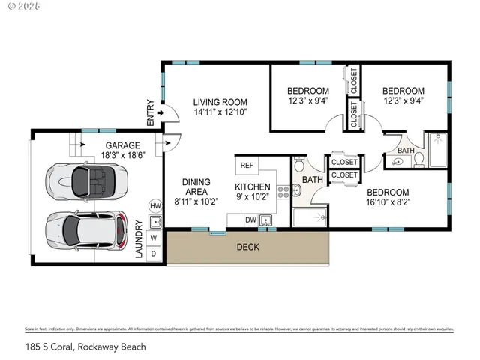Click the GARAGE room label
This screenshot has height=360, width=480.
[x=121, y=145]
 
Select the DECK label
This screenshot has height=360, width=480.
[x=248, y=247]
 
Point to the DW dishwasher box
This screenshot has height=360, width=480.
[x=249, y=220]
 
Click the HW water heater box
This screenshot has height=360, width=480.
[x=155, y=205]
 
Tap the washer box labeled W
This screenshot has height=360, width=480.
[x=155, y=237]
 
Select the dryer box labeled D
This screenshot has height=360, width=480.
[x=155, y=253]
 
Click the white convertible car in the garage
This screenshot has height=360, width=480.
[x=83, y=181]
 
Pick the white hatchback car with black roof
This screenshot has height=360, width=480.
[x=83, y=229]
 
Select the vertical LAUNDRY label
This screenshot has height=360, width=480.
[x=139, y=238]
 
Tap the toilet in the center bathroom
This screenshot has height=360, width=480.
[x=298, y=166]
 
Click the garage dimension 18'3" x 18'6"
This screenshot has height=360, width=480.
[x=121, y=156]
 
